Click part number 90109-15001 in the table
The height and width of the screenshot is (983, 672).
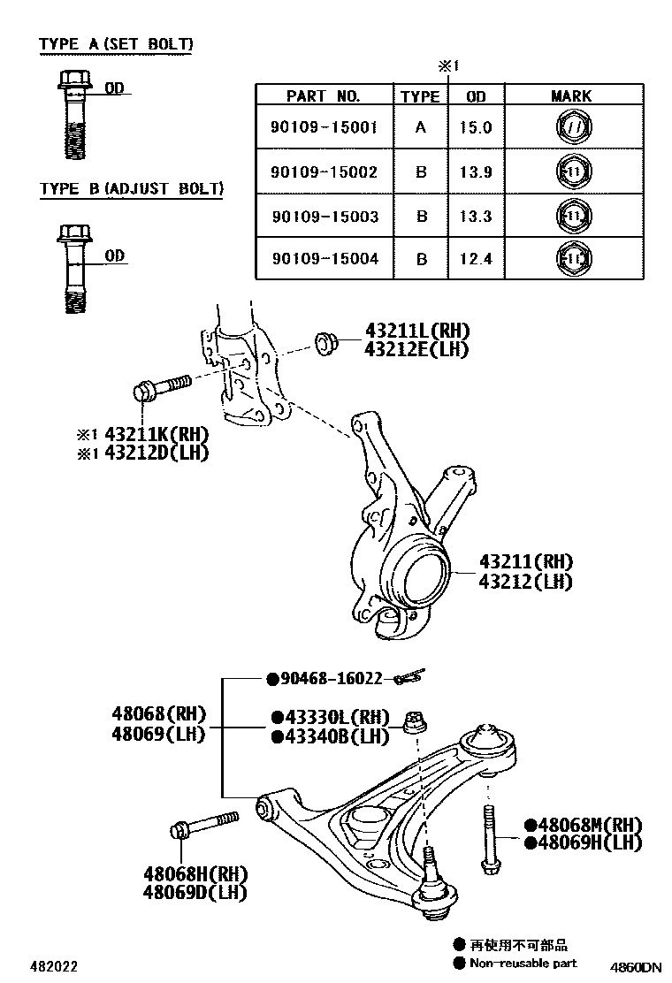pos(324,127)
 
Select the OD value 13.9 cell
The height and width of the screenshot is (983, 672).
pos(475,171)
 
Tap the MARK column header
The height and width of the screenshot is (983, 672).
pos(570,95)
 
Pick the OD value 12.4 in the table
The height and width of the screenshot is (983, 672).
pos(475,259)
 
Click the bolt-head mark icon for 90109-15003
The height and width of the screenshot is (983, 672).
pos(571,215)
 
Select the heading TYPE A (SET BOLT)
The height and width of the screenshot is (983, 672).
pos(116,43)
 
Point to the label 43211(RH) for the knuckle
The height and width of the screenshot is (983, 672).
pos(526,561)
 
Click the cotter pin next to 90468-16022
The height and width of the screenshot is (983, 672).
pos(409,678)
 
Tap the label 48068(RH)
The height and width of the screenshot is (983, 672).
pos(158,714)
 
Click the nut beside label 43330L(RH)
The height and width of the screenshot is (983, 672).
pos(412,721)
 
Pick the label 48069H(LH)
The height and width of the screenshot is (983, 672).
pos(589,842)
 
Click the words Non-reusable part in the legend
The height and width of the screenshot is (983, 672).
pos(523,964)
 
